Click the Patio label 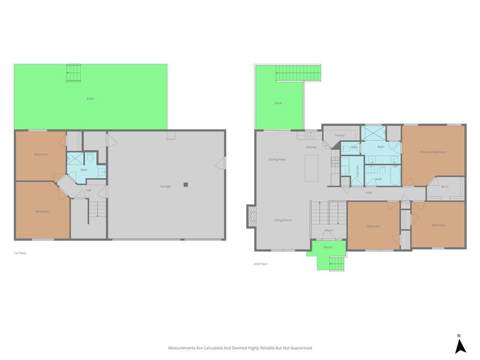click(x=90, y=98)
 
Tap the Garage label click(x=165, y=186)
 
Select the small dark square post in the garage click(x=186, y=185)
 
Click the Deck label click(x=278, y=103)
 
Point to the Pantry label click(x=340, y=135)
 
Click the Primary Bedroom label click(x=433, y=152)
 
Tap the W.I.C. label click(x=445, y=187)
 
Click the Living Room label click(x=283, y=220)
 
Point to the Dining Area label click(x=277, y=159)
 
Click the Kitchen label click(x=311, y=147)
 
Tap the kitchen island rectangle click(x=311, y=168)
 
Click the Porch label click(x=328, y=247)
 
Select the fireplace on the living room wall click(x=251, y=217)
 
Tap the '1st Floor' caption click(x=20, y=253)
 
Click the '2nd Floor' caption click(x=261, y=264)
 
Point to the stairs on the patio click(x=74, y=73)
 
